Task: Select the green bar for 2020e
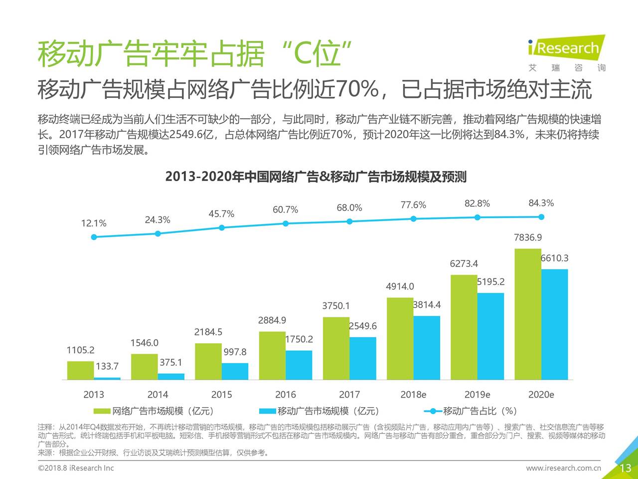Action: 528,314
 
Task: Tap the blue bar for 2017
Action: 362,358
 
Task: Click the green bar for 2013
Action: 81,370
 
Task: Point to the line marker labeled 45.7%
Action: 222,228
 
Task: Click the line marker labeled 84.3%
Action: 541,217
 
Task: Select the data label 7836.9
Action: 528,238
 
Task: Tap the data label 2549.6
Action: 362,326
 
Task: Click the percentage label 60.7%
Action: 285,210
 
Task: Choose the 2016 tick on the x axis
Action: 285,395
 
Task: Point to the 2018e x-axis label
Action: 413,395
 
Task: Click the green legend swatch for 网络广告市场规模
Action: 102,411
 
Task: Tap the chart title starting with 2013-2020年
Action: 316,177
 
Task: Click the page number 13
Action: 626,468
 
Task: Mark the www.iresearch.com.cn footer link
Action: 563,468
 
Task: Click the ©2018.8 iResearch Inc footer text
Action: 76,468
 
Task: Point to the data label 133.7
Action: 107,367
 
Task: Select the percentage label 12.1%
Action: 94,224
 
